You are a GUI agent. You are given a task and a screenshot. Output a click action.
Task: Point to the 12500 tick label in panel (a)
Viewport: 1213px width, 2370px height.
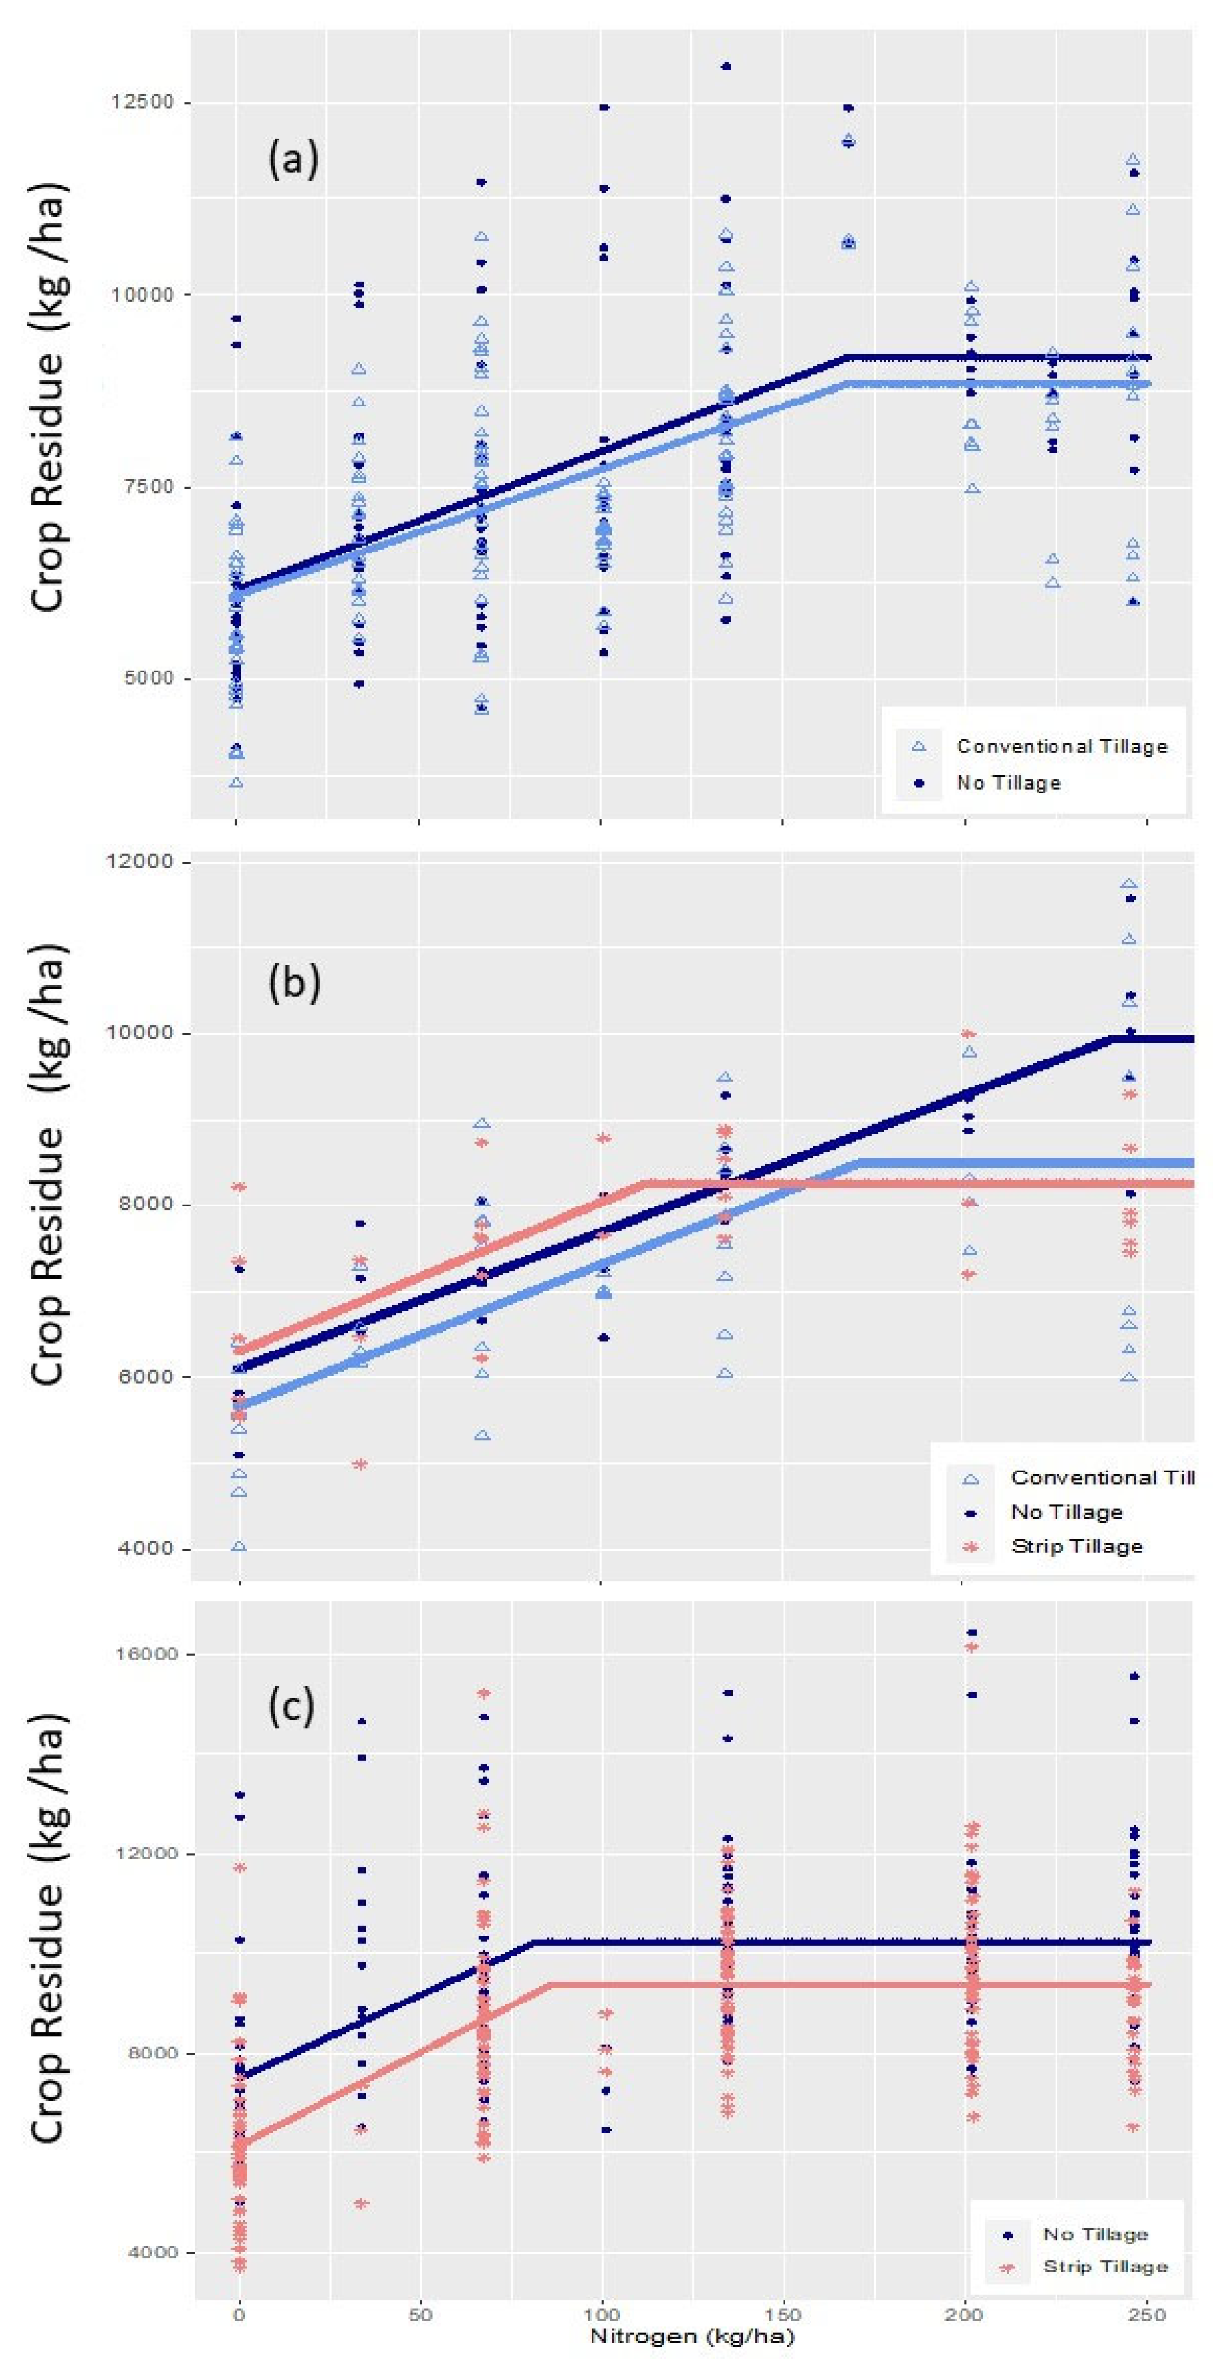pyautogui.click(x=143, y=102)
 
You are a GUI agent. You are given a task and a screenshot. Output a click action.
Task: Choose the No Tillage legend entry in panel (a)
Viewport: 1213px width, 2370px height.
pyautogui.click(x=1009, y=783)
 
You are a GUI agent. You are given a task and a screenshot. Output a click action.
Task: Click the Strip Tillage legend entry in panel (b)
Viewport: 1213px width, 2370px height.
pyautogui.click(x=1076, y=1547)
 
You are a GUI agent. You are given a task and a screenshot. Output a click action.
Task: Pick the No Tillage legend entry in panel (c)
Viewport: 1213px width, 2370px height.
pyautogui.click(x=1095, y=2234)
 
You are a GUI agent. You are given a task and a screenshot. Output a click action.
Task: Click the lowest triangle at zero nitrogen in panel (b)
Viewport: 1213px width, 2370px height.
pyautogui.click(x=239, y=1547)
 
